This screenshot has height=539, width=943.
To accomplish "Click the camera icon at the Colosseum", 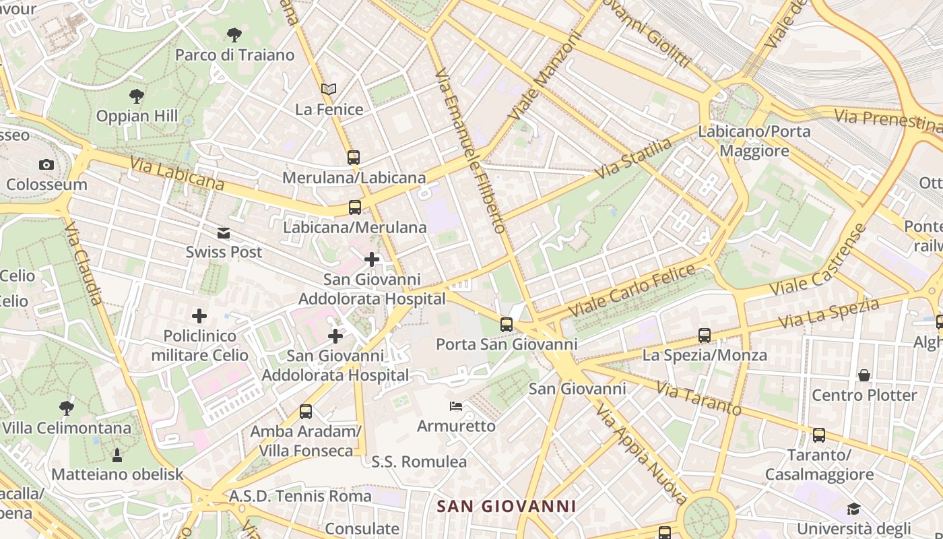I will pyautogui.click(x=46, y=164).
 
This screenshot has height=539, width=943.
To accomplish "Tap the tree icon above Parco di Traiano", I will pyautogui.click(x=234, y=34).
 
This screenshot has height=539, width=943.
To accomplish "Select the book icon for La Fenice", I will pyautogui.click(x=329, y=89).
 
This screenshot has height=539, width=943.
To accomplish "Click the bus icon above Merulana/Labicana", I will pyautogui.click(x=354, y=158).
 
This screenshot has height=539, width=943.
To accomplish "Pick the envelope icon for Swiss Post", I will pyautogui.click(x=224, y=233).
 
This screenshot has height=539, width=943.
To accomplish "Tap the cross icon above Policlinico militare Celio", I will pyautogui.click(x=199, y=315).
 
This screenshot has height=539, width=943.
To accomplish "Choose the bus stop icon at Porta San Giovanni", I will pyautogui.click(x=507, y=325).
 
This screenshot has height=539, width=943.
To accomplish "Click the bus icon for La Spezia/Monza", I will pyautogui.click(x=705, y=335).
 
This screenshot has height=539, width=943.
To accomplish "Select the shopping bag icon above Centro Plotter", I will pyautogui.click(x=864, y=375).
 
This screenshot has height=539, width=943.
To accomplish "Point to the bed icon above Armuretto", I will pyautogui.click(x=456, y=406).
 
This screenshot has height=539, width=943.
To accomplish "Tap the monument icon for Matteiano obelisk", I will pyautogui.click(x=117, y=455).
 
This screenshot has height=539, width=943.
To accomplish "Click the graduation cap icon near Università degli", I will pyautogui.click(x=854, y=509).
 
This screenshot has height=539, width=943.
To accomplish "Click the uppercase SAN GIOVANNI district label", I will pyautogui.click(x=507, y=506).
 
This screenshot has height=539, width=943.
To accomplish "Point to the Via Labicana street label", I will pyautogui.click(x=177, y=174).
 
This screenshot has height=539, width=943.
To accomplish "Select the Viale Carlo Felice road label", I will pyautogui.click(x=632, y=291).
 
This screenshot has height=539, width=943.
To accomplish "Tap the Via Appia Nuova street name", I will pyautogui.click(x=640, y=455).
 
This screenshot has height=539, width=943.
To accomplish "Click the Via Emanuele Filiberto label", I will pyautogui.click(x=471, y=151).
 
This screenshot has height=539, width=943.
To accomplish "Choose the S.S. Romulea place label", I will pyautogui.click(x=419, y=462).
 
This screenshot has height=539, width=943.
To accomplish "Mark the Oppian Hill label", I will pyautogui.click(x=137, y=116).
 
